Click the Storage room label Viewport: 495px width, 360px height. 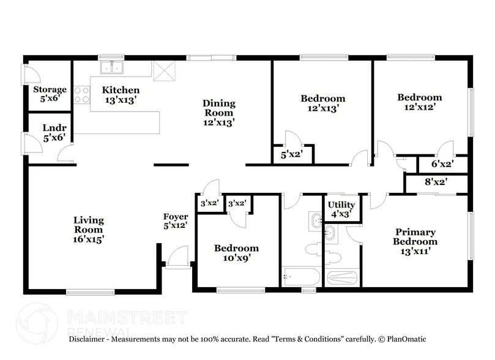tap(50, 94)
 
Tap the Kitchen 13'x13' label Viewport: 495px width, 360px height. tap(116, 94)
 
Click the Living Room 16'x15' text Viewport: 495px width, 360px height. tap(89, 230)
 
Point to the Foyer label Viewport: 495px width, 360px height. tap(176, 220)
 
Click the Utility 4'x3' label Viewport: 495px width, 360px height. tap(341, 209)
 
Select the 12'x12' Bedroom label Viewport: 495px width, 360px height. tap(419, 102)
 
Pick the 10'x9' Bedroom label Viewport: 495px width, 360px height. tap(236, 253)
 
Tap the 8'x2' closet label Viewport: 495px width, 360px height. tap(436, 182)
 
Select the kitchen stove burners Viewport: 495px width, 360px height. tap(81, 94)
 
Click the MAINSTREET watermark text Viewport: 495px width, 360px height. tap(125, 317)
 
